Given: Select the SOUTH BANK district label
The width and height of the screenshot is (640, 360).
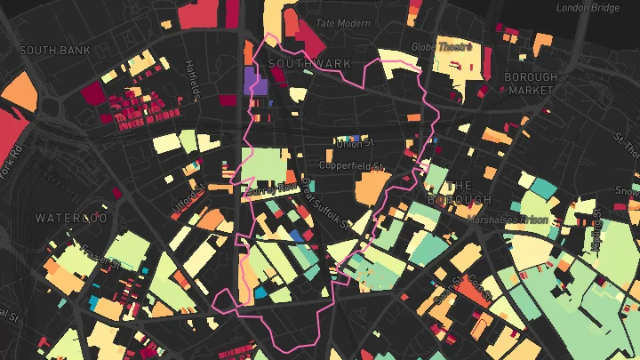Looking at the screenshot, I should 55,51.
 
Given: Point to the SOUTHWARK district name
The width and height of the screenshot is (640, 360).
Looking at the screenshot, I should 309,64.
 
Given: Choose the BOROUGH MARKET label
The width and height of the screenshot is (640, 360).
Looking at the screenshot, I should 531,84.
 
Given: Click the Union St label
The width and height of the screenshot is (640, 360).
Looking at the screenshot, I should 356,145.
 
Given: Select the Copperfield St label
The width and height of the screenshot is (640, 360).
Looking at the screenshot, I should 351,166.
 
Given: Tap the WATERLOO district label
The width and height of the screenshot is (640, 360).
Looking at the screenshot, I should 71,218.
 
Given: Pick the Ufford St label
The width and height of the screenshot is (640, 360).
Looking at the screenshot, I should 188,204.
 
